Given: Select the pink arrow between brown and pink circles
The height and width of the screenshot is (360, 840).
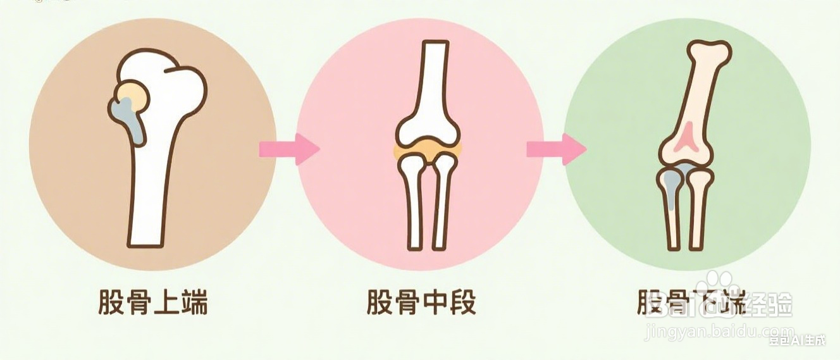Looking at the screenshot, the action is [x=288, y=149].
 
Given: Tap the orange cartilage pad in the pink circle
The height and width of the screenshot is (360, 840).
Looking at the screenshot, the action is [x=428, y=149].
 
